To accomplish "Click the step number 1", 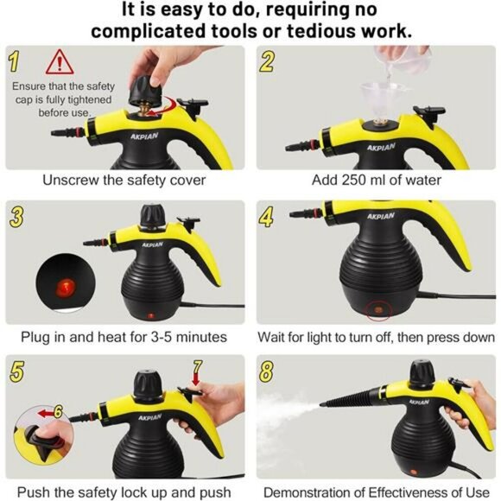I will tap(14, 61).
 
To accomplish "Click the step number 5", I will tap(15, 369).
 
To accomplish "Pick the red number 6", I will tap(58, 411).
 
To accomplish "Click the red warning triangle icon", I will tap(60, 62).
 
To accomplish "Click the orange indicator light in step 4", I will tap(378, 308).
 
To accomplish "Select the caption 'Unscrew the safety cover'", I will tap(124, 181).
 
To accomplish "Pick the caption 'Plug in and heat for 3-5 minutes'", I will tap(124, 337).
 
